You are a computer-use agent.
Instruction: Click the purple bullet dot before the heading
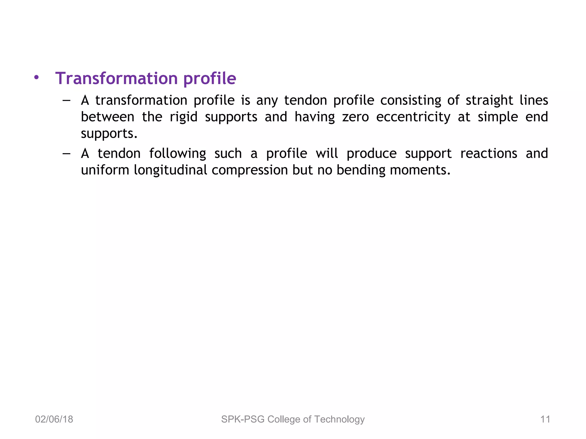[x=36, y=77]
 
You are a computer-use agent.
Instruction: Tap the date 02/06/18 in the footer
[x=54, y=419]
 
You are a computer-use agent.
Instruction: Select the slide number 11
[x=545, y=419]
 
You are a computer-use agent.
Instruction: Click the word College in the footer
[x=284, y=419]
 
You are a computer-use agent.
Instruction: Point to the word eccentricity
[x=413, y=117]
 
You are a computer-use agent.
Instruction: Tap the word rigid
[x=183, y=117]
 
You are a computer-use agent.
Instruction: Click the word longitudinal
[x=170, y=170]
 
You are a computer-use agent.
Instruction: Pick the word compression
[x=250, y=170]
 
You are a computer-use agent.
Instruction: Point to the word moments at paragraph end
[x=420, y=170]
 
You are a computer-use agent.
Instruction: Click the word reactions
[x=488, y=153]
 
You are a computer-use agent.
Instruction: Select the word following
[x=177, y=153]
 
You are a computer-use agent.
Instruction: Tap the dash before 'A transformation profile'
[x=66, y=100]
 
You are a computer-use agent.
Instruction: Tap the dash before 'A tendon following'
[x=66, y=153]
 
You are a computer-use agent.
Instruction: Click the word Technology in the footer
[x=339, y=419]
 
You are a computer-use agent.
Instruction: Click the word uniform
[x=105, y=170]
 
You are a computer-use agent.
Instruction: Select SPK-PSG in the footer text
[x=243, y=419]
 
